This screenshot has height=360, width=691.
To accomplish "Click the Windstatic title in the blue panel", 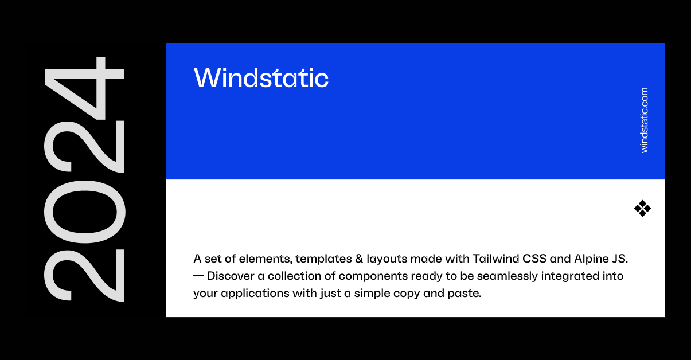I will [261, 78].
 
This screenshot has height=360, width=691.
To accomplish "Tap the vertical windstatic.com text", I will [645, 120].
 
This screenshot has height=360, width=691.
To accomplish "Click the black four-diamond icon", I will [642, 209].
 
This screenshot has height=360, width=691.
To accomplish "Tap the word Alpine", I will [592, 259].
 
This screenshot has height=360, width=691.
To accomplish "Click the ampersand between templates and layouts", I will [356, 259].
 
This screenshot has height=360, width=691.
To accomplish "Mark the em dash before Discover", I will [198, 276].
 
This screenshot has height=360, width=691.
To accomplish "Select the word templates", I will [318, 259].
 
